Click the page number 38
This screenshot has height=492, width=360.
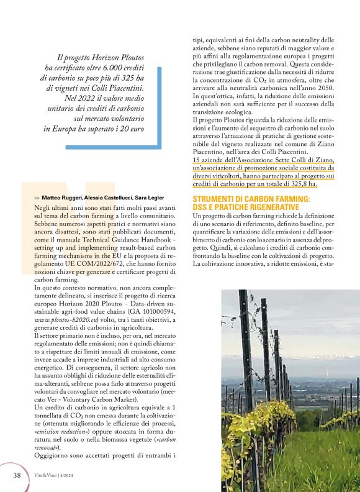tap(17, 475)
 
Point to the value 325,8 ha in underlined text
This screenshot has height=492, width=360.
tap(303, 184)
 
